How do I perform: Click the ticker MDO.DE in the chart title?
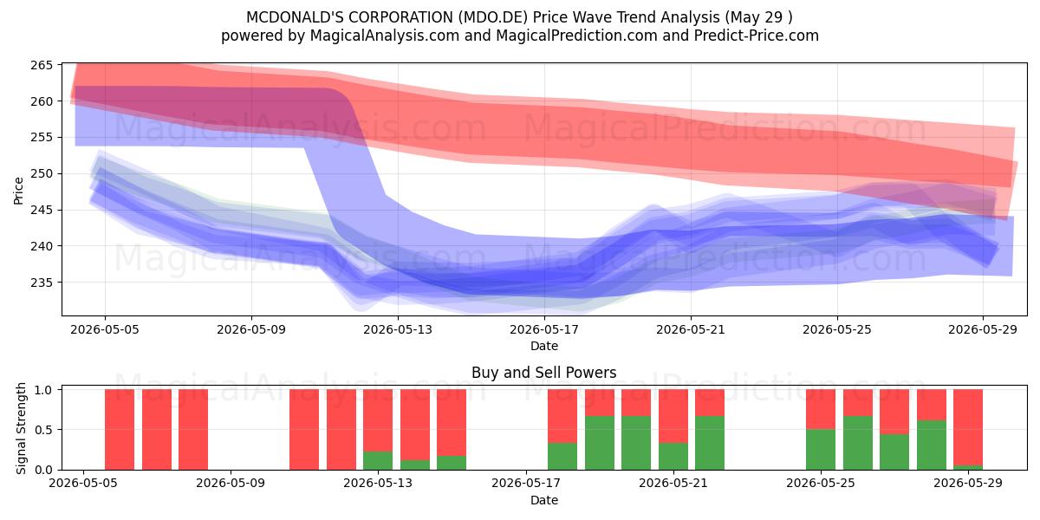click(x=493, y=17)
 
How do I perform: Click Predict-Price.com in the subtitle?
click(x=757, y=36)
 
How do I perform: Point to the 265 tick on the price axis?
click(x=42, y=65)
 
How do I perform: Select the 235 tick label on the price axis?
click(x=42, y=283)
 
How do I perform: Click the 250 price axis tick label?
click(x=42, y=173)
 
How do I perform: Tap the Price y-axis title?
click(x=18, y=191)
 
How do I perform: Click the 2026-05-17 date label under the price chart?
click(x=544, y=329)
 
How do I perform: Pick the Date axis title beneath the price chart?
click(x=544, y=346)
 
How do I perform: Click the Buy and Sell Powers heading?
click(x=543, y=373)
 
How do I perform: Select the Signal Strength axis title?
click(x=21, y=428)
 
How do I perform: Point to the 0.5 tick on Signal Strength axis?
click(x=43, y=430)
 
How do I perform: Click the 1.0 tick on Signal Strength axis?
click(x=43, y=389)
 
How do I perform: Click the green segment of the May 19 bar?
click(x=600, y=443)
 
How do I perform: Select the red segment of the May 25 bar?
click(x=821, y=409)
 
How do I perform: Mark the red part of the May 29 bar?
click(x=968, y=427)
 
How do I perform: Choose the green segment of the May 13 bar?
click(x=378, y=460)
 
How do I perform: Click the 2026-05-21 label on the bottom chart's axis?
click(x=673, y=484)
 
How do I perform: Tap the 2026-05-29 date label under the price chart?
click(x=983, y=329)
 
